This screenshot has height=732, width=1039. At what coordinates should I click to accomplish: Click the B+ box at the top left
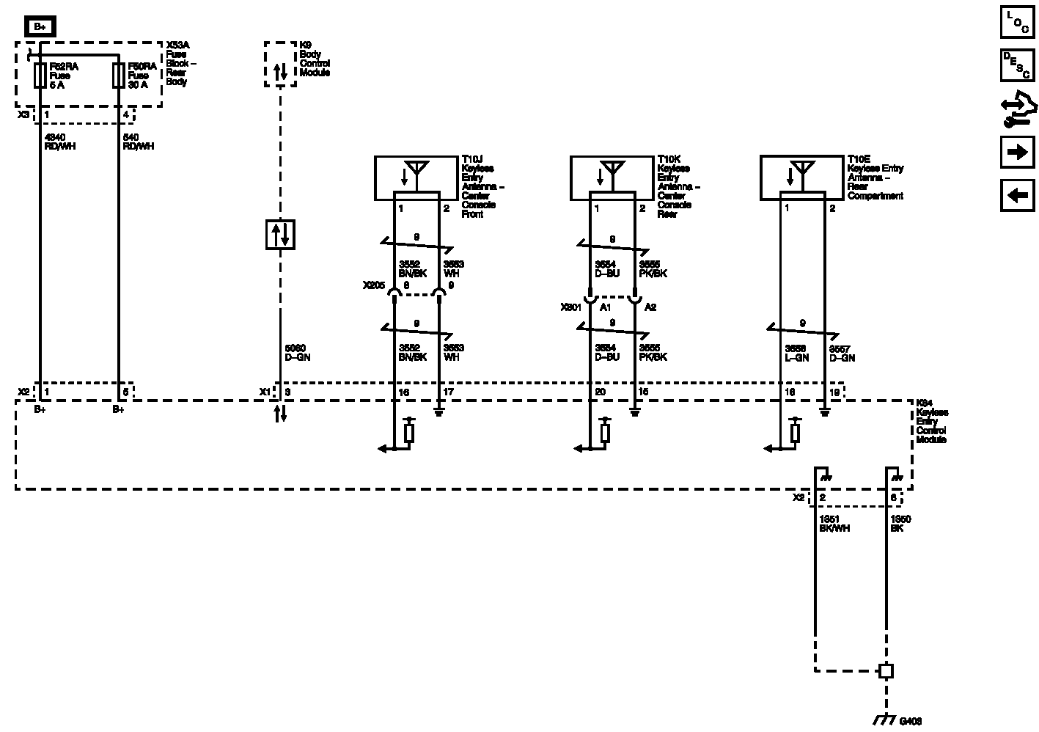[40, 28]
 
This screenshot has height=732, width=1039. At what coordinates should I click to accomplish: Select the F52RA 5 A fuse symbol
[40, 76]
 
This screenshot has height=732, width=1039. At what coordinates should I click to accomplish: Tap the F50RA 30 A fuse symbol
[118, 76]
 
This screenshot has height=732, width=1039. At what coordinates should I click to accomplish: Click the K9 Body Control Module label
[315, 59]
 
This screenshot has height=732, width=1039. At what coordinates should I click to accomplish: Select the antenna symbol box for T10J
[416, 177]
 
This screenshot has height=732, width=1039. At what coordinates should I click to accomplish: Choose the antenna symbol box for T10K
[612, 177]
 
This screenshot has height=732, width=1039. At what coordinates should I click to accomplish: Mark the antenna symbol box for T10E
[801, 177]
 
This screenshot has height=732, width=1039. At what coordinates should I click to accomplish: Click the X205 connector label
[373, 285]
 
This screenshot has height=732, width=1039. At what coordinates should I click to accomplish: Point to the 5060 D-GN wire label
[296, 353]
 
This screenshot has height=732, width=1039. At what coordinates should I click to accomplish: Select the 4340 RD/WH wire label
[60, 142]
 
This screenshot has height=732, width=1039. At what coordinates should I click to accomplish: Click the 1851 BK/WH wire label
[834, 524]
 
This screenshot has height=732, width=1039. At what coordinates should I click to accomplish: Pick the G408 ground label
[910, 722]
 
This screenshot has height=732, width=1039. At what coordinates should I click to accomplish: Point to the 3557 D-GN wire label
[842, 354]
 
